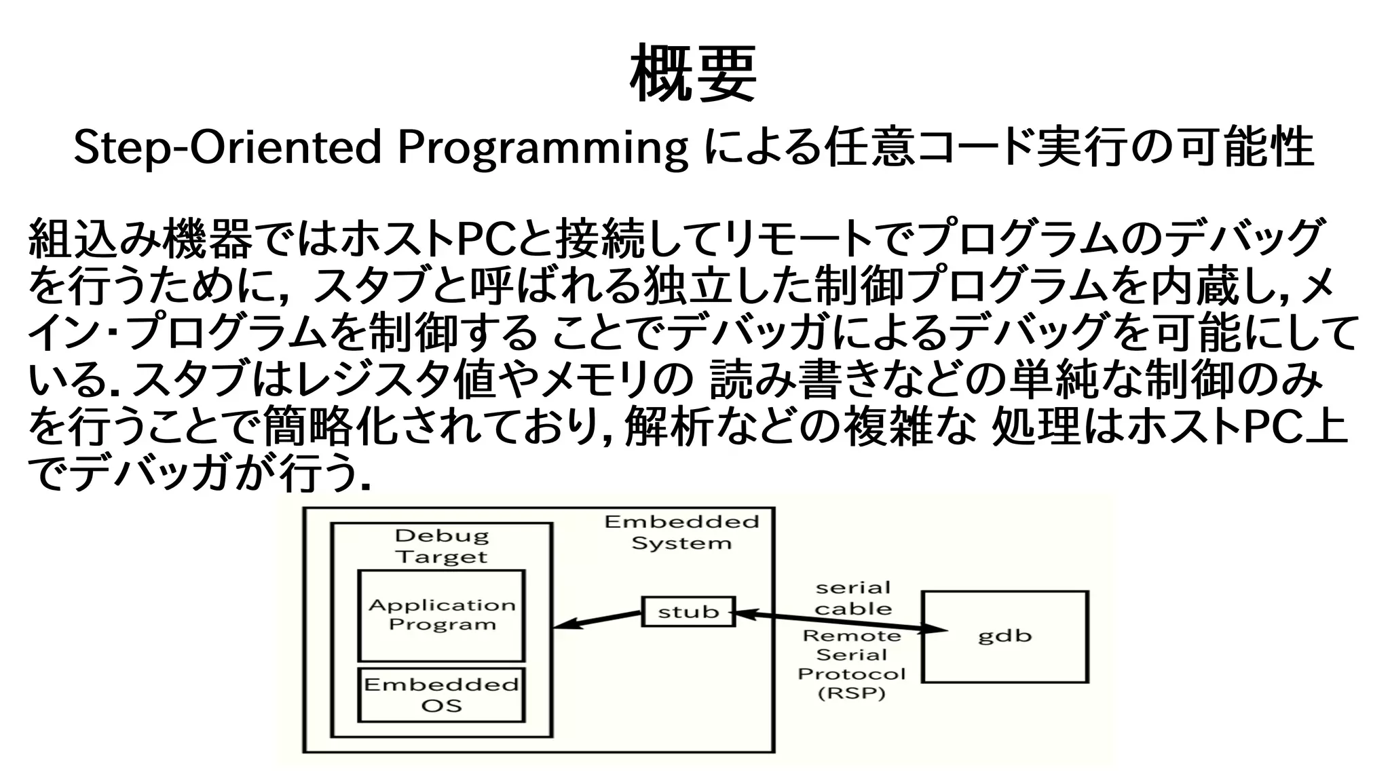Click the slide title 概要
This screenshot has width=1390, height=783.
coord(693,73)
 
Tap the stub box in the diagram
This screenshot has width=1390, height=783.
coord(688,611)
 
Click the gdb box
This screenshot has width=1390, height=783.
coord(1004,636)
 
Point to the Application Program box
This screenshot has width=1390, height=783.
coord(441,615)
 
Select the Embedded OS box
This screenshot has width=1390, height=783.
coord(441,695)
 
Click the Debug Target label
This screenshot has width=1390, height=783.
coord(442,546)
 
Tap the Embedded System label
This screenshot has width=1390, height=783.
coord(681,532)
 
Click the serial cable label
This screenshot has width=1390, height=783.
coord(853,598)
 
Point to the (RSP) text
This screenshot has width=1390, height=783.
coord(852,693)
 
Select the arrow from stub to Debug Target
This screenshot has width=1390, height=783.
coord(597,619)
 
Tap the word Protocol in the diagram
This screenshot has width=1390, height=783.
coord(852,674)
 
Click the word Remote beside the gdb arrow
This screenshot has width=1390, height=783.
coord(852,636)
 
